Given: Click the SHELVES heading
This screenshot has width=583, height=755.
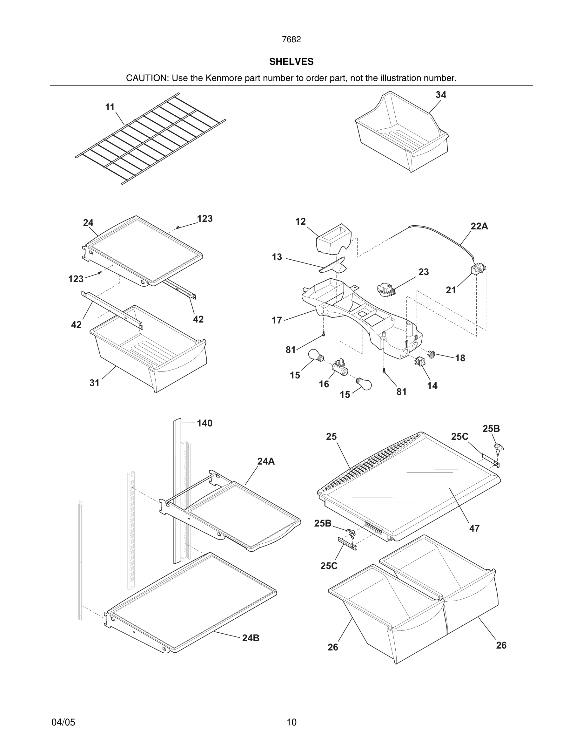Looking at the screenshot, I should click(x=291, y=62).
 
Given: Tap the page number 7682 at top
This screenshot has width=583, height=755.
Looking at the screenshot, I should click(x=291, y=39).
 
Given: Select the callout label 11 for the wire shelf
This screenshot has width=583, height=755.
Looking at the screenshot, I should click(x=110, y=107).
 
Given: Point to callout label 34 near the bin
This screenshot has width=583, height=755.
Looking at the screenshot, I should click(x=441, y=95).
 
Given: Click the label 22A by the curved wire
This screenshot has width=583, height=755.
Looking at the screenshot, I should click(x=479, y=227).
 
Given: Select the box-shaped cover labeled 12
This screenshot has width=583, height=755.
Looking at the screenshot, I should click(x=333, y=239).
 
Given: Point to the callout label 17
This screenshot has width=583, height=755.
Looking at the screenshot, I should click(x=277, y=320).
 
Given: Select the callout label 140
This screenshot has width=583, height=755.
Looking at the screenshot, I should click(x=204, y=423).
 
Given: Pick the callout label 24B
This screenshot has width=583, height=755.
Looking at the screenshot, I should click(x=251, y=638).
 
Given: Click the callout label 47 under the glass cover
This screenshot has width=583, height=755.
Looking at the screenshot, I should click(x=474, y=528).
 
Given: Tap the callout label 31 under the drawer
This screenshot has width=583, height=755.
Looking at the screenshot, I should click(x=94, y=383).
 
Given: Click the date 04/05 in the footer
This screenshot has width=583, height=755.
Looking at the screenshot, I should click(x=63, y=722).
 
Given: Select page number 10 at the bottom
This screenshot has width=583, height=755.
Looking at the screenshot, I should click(x=291, y=722).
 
